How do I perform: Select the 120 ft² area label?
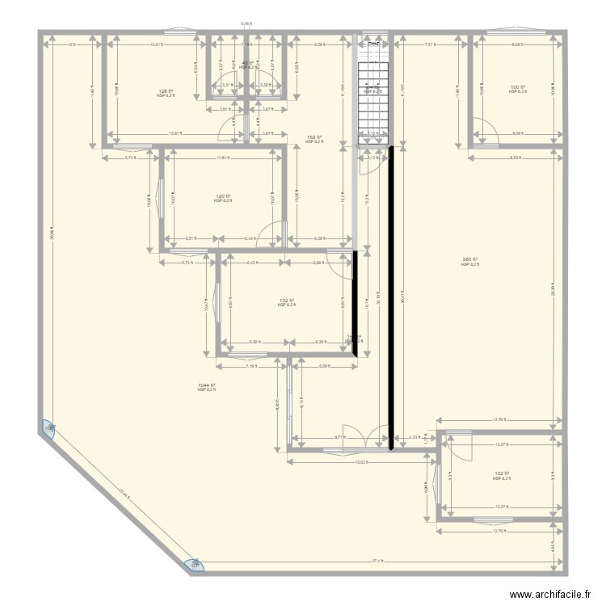[223, 196]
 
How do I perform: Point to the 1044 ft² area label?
[207, 385]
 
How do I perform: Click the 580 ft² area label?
[470, 260]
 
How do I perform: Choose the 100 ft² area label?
[517, 87]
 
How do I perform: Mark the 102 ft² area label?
[501, 474]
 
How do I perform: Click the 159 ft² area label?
[314, 137]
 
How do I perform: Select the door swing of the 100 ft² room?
[484, 132]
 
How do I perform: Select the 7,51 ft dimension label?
[431, 45]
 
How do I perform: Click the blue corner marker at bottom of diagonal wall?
[194, 566]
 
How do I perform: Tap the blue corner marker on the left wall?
[49, 428]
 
